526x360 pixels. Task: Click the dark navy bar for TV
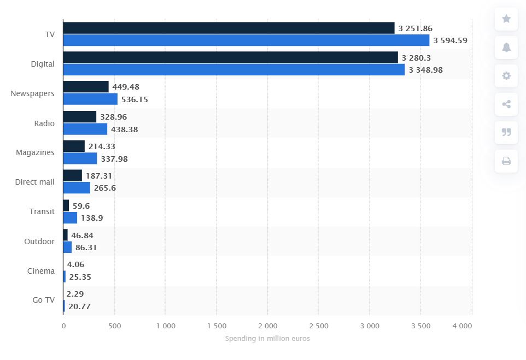coord(229,28)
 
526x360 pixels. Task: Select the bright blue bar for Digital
coord(234,69)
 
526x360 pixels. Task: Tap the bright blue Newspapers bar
coord(90,99)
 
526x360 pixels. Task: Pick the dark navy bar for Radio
coord(80,116)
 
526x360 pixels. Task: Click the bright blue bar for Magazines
coord(80,158)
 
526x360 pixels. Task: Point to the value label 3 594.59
coord(450,40)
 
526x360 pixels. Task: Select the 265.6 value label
coord(105,188)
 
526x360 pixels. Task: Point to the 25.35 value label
coord(80,277)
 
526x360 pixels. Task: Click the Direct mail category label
coord(35,182)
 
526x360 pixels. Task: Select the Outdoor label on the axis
coord(39,241)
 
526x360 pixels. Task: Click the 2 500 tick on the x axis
coord(318,326)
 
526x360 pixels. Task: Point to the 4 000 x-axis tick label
coord(463,326)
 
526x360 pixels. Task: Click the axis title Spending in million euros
coord(267,339)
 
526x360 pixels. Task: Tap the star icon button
coord(506,19)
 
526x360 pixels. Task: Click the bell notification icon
coord(506,48)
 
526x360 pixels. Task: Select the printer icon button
coord(506,161)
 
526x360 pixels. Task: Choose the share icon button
coord(506,104)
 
